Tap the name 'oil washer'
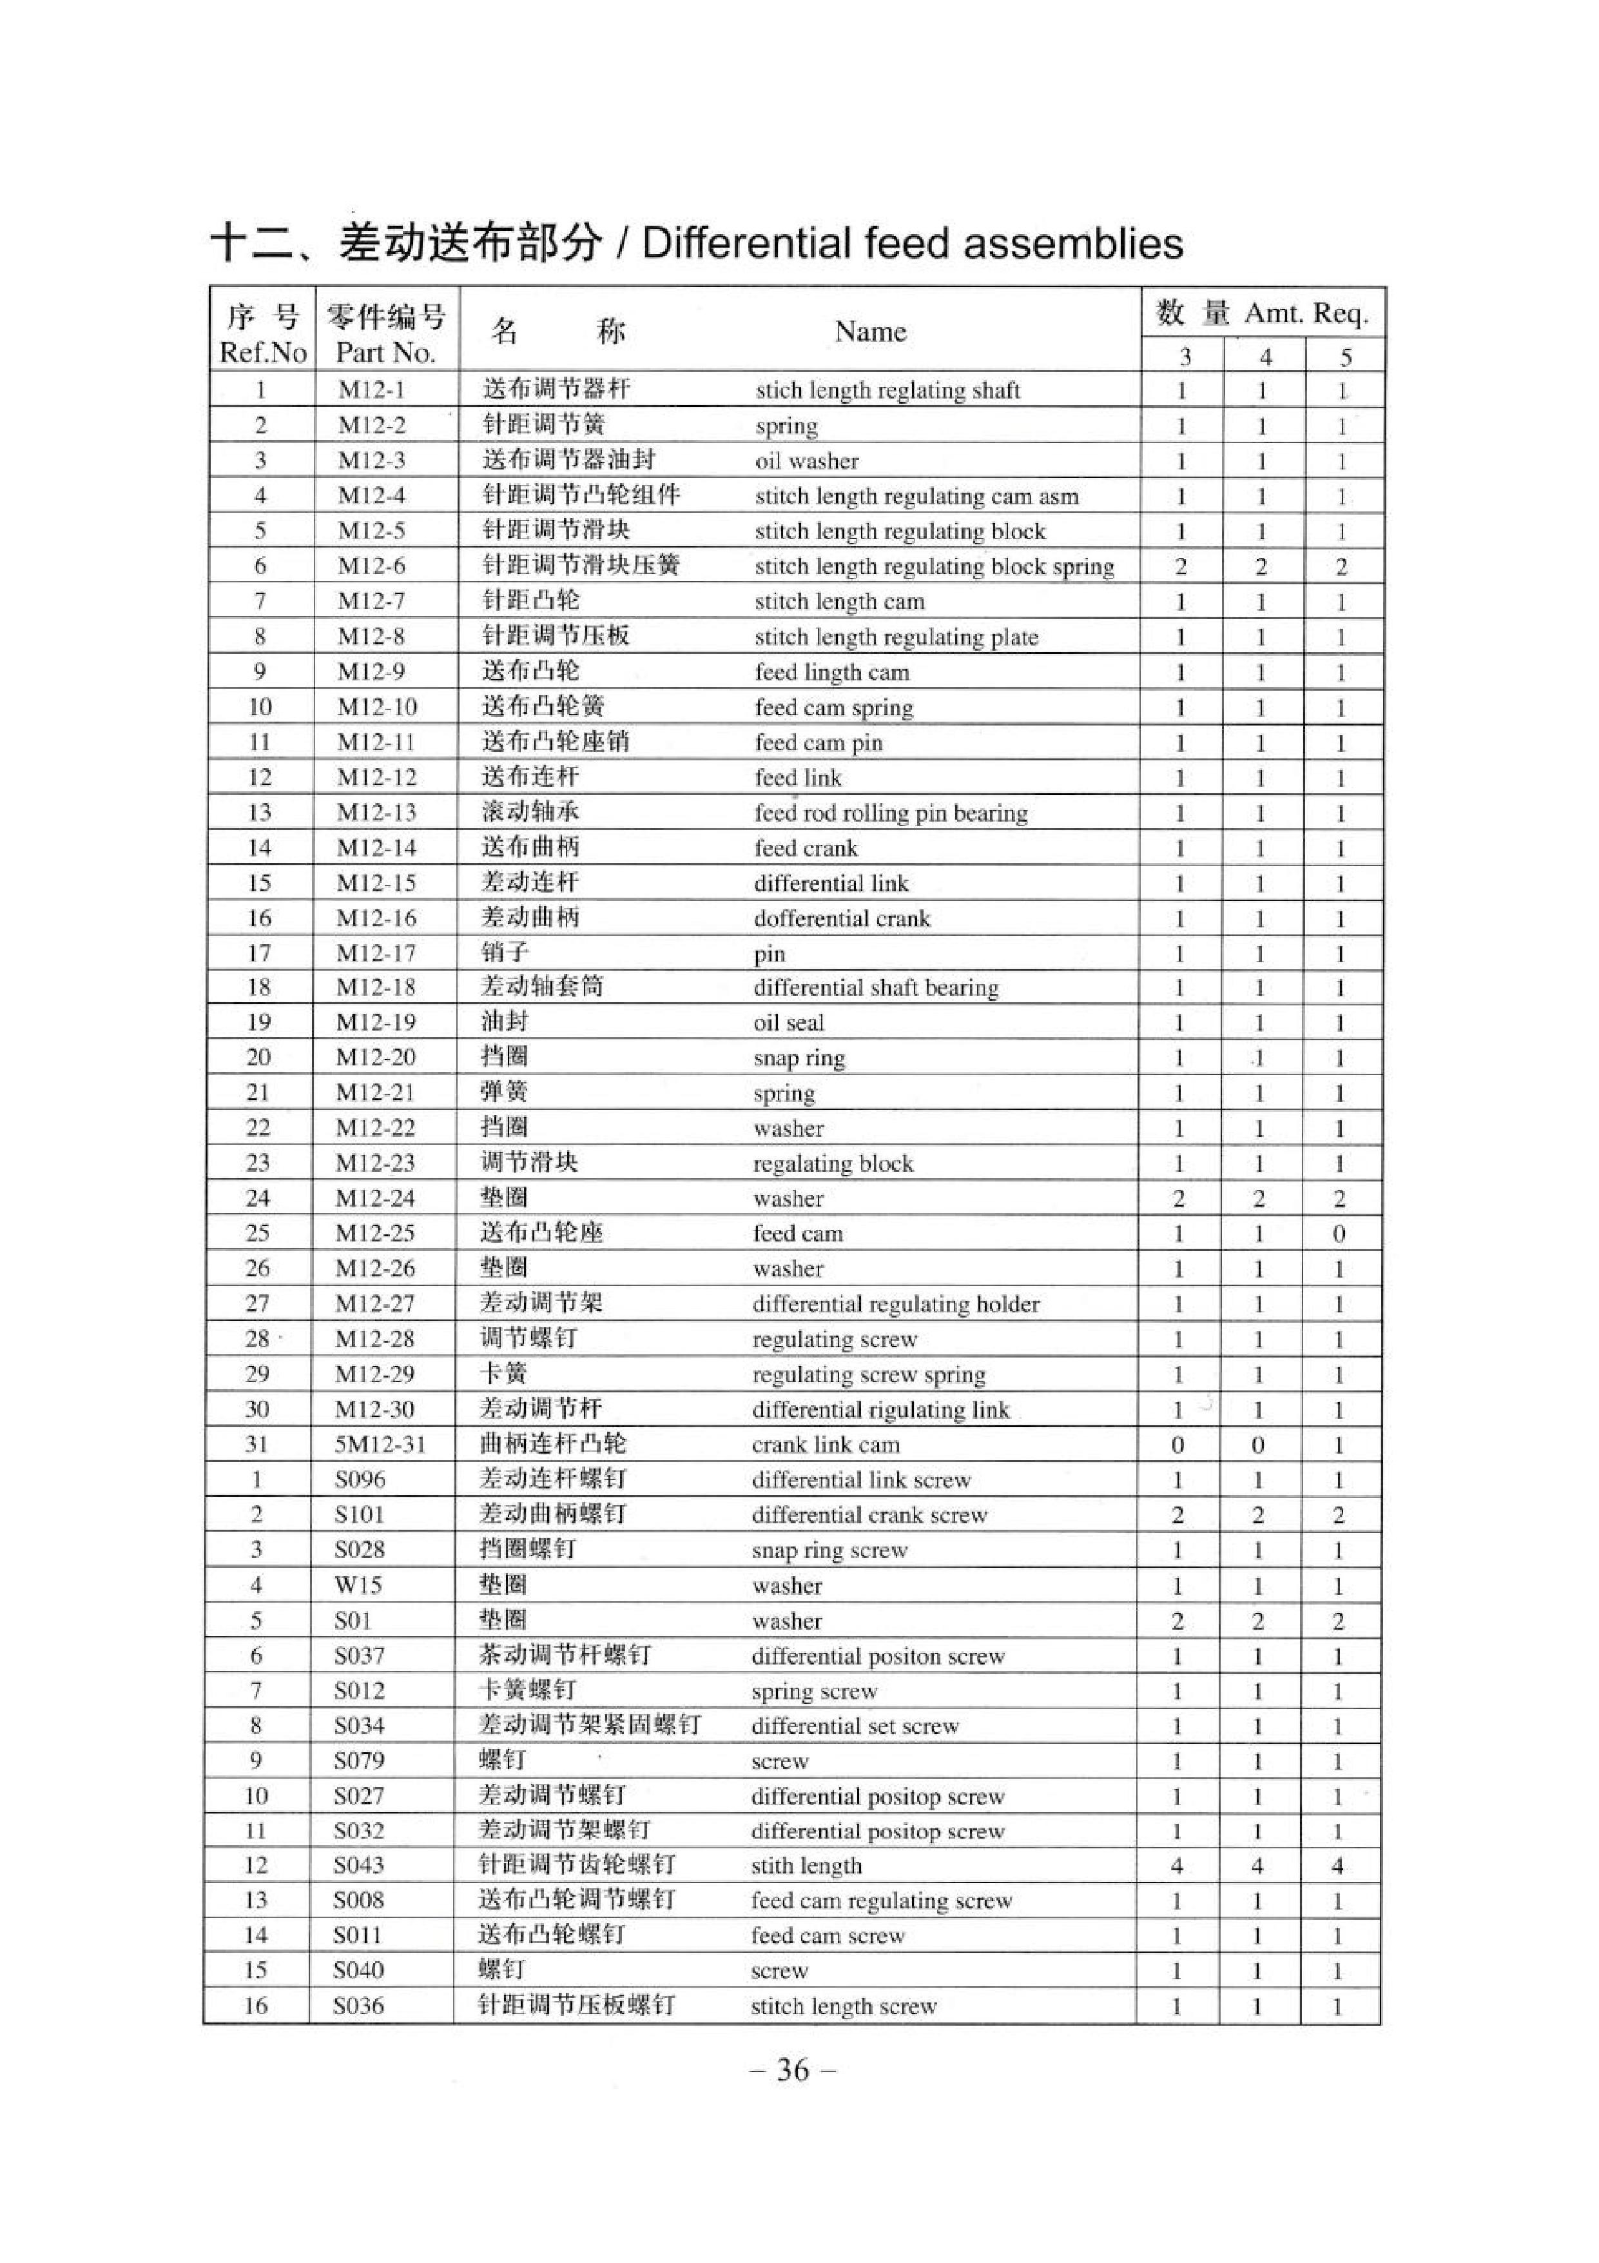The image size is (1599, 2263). coord(807,461)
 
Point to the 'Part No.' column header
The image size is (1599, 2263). coord(386,352)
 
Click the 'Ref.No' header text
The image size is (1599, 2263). coord(263,352)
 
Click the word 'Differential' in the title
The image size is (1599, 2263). coord(745,243)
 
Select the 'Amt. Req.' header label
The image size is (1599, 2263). coord(1306,313)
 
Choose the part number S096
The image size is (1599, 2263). coord(360,1479)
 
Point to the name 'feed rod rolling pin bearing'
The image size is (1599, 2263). coord(891,813)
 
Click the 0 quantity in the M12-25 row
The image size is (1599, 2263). coord(1339,1234)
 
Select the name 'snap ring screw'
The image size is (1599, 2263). coord(829,1550)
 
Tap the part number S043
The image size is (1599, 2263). coord(358,1865)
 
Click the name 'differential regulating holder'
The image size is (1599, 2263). coord(896,1304)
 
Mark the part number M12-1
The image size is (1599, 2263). coord(371,390)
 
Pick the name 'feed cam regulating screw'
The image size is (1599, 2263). coord(882,1901)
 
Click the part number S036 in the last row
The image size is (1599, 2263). coord(358,2006)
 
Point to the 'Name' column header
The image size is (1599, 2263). coord(870,331)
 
